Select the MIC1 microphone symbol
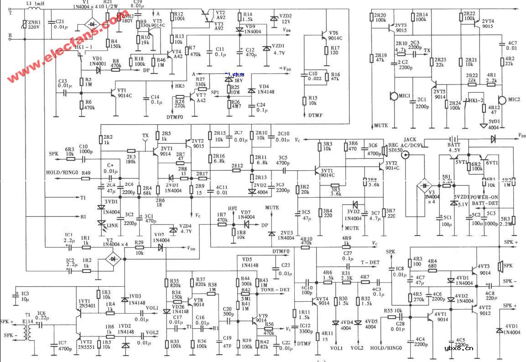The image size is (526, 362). [392, 96]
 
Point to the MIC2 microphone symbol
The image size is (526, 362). [502, 100]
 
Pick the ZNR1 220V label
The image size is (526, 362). [35, 24]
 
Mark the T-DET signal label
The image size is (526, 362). [370, 262]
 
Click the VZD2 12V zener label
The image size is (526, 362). [286, 19]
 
